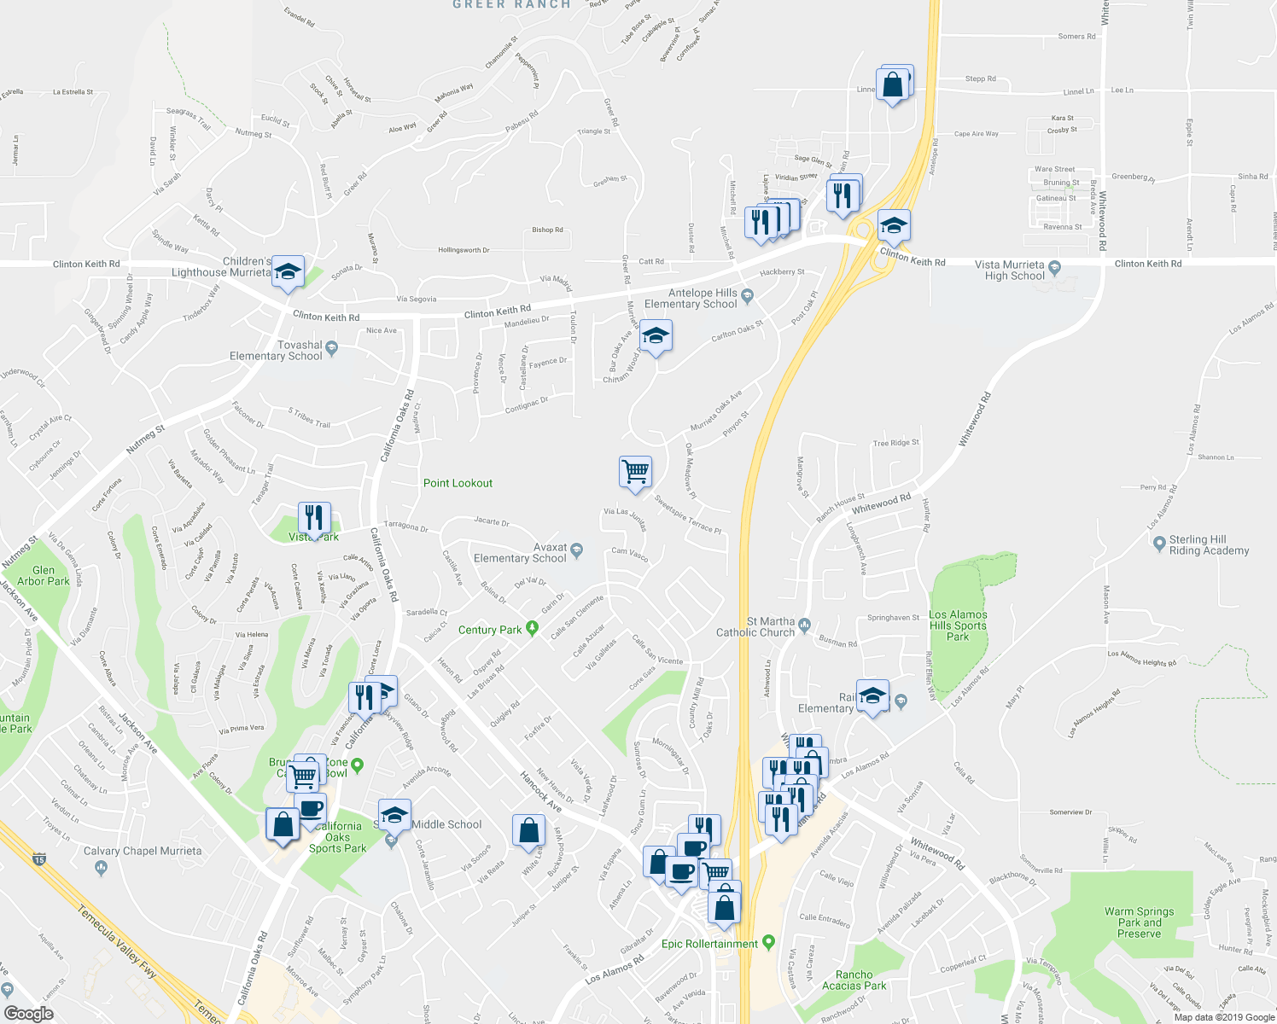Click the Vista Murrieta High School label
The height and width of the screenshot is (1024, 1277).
(x=1014, y=271)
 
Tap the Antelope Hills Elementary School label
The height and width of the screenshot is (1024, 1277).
(x=691, y=299)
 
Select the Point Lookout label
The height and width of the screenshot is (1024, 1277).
(x=458, y=483)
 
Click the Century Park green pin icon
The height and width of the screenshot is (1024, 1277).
(x=533, y=629)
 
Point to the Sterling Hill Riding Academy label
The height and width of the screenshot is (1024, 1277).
(x=1209, y=545)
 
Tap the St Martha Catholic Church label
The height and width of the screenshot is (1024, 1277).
(x=755, y=627)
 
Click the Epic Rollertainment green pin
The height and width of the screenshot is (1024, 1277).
(x=768, y=942)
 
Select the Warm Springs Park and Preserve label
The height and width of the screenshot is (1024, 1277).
(x=1139, y=922)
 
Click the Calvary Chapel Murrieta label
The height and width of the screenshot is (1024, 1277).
(x=143, y=851)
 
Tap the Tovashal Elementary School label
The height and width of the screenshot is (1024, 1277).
(x=276, y=351)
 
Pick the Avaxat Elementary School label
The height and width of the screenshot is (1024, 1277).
(x=520, y=553)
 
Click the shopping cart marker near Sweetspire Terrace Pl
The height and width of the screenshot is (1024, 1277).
(x=635, y=472)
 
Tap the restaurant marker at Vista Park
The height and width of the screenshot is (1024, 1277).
(x=314, y=518)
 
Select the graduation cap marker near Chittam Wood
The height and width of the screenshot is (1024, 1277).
(x=656, y=337)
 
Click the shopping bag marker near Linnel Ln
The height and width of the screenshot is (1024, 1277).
(x=893, y=85)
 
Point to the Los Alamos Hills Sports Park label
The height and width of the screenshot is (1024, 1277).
(x=958, y=625)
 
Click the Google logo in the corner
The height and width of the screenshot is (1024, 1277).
(x=28, y=1013)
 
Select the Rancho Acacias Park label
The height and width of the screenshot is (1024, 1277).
(x=854, y=980)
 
